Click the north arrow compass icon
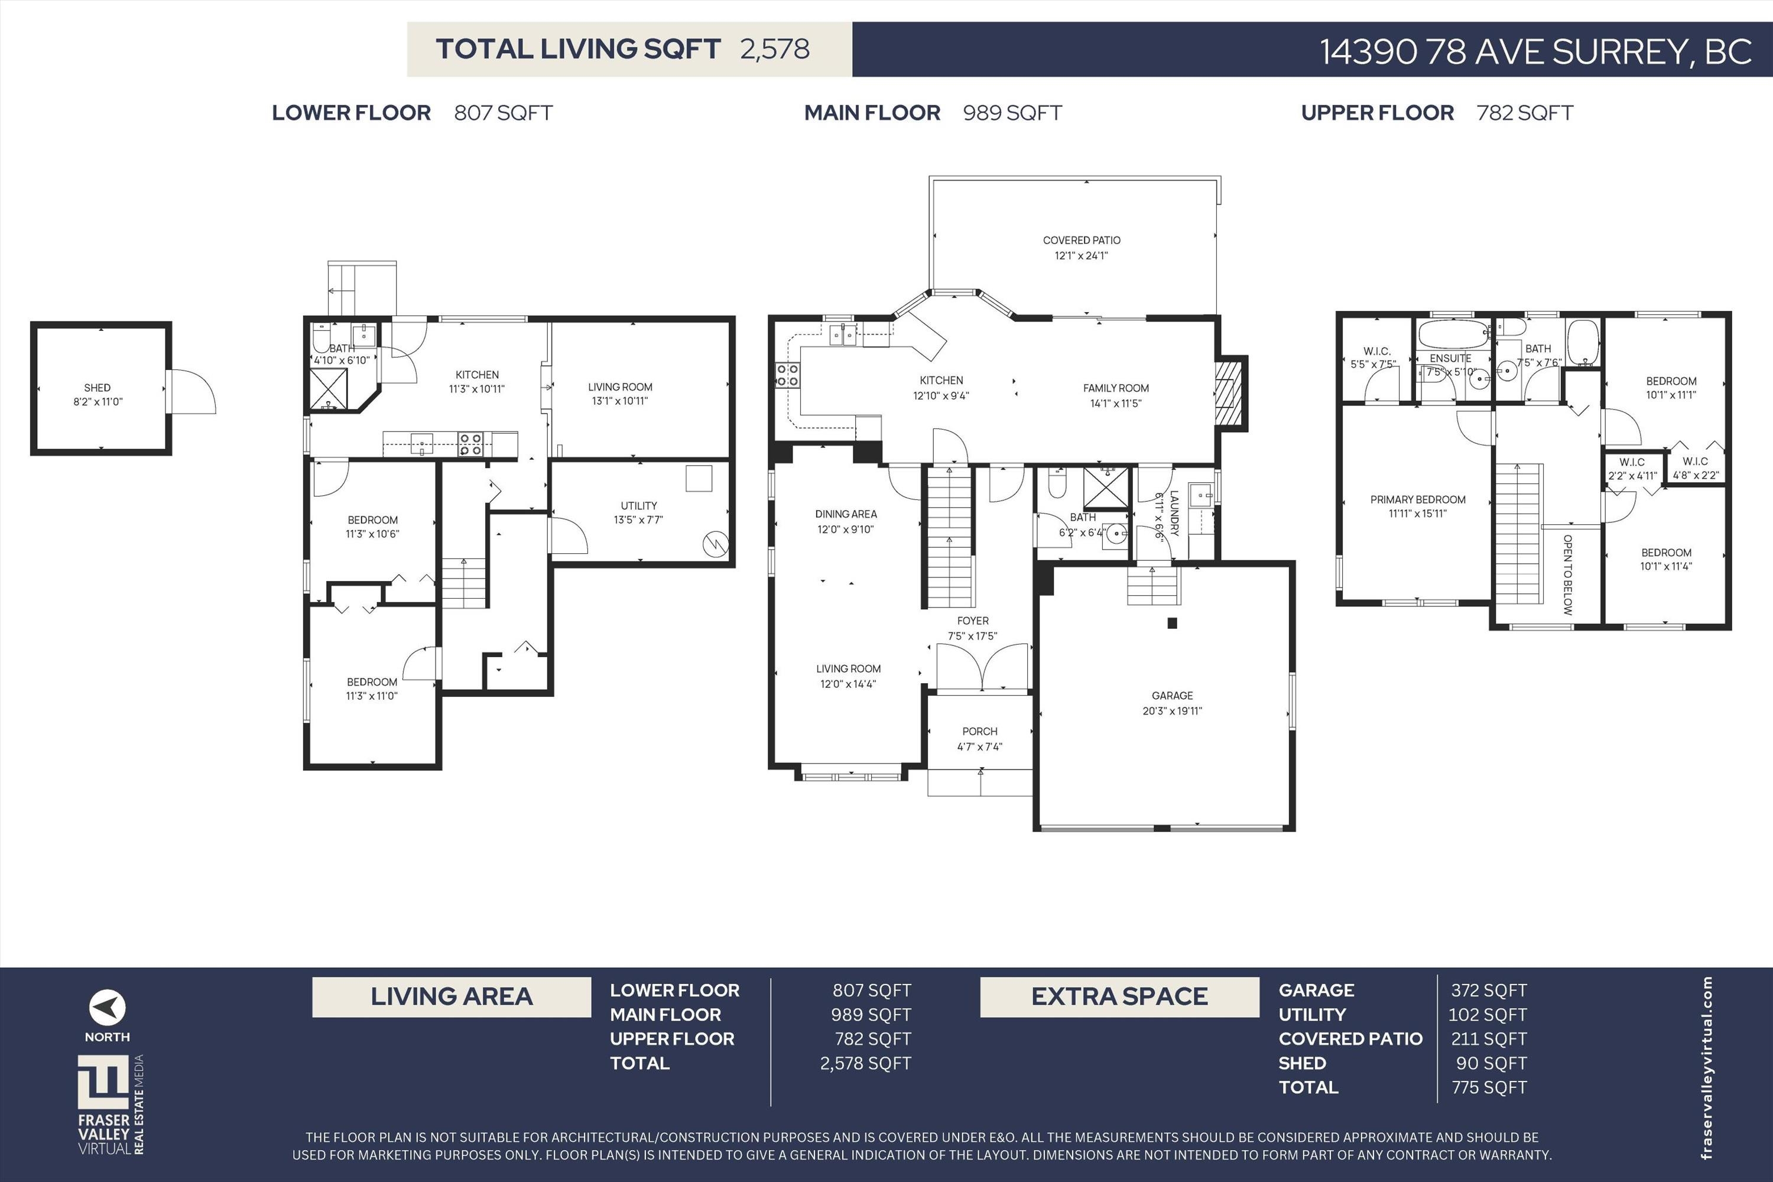[107, 1007]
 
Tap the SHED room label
[98, 388]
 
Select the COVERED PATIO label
[1081, 241]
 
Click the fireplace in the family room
[1229, 393]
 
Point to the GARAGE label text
[1172, 696]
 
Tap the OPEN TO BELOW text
[1568, 574]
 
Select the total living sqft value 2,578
[774, 49]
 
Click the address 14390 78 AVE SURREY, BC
[1535, 51]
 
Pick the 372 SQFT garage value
[1489, 991]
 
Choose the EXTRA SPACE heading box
[1119, 996]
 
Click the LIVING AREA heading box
[452, 996]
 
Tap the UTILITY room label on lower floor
[638, 506]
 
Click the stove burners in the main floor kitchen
[787, 375]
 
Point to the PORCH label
[979, 731]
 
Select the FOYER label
[972, 621]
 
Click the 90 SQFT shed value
[1491, 1063]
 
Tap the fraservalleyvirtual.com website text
[1707, 1067]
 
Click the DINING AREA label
[846, 514]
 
